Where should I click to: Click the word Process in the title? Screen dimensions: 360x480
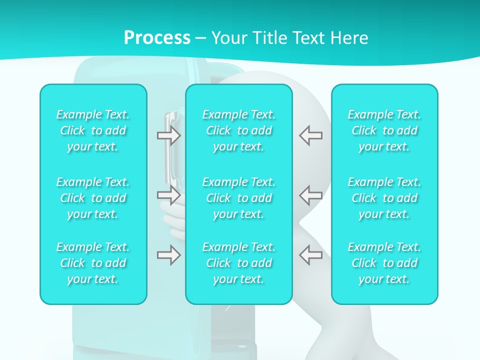pyautogui.click(x=157, y=38)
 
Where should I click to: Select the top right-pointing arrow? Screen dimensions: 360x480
pyautogui.click(x=169, y=135)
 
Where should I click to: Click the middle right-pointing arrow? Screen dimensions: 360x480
pyautogui.click(x=169, y=194)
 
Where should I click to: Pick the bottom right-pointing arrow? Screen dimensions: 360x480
pyautogui.click(x=169, y=255)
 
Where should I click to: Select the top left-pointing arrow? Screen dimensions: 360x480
pyautogui.click(x=310, y=135)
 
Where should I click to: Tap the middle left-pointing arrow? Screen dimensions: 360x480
pyautogui.click(x=310, y=194)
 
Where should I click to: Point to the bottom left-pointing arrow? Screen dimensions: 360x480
pyautogui.click(x=310, y=255)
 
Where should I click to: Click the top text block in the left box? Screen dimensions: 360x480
pyautogui.click(x=93, y=130)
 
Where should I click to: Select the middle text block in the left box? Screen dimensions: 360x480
pyautogui.click(x=93, y=198)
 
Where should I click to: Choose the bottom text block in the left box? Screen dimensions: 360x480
pyautogui.click(x=93, y=263)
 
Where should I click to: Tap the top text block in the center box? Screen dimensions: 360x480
pyautogui.click(x=238, y=130)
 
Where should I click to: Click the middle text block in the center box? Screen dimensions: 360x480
pyautogui.click(x=238, y=198)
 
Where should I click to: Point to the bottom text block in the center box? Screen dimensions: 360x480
pyautogui.click(x=238, y=263)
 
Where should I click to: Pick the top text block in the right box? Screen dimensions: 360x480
pyautogui.click(x=384, y=130)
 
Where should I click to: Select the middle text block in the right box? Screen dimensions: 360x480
pyautogui.click(x=384, y=198)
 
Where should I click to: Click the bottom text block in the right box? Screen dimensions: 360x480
pyautogui.click(x=384, y=263)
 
